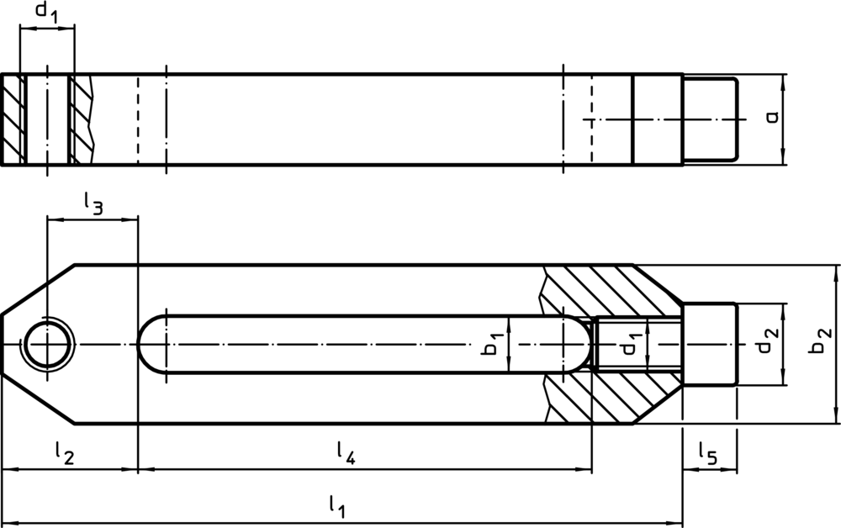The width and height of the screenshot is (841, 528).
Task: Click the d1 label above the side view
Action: (x=45, y=13)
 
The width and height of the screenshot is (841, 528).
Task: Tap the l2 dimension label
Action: (x=64, y=454)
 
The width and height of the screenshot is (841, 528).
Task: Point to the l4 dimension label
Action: (x=346, y=454)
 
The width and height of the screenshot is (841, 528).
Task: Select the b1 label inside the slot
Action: (x=494, y=346)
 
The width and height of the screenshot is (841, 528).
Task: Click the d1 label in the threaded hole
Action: (x=627, y=346)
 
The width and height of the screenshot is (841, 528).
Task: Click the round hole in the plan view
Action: (x=48, y=345)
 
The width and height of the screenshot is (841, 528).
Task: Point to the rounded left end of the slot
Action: (x=151, y=345)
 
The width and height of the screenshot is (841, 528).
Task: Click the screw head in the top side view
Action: (x=711, y=119)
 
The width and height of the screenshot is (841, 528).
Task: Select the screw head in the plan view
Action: (x=710, y=345)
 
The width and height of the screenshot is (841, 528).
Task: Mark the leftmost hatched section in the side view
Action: (x=13, y=119)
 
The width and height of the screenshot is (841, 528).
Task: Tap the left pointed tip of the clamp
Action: (x=5, y=345)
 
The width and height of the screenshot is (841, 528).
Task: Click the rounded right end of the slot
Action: (x=575, y=345)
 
